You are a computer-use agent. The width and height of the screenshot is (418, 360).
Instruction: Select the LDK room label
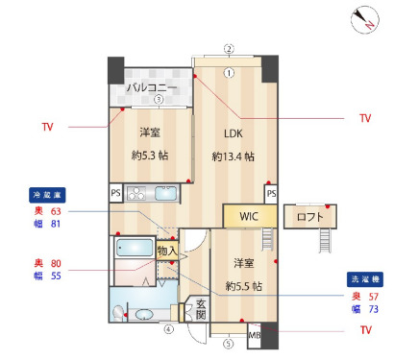pos(234,133)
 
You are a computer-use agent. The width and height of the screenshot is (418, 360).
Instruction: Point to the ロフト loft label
pos(310,217)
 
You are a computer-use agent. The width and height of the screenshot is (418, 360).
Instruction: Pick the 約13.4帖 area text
pos(234,156)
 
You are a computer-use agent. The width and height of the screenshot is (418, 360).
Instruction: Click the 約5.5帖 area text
pos(243,285)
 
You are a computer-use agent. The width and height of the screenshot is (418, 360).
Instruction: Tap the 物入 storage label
pos(166,251)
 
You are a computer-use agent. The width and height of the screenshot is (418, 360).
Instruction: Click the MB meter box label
pos(255,335)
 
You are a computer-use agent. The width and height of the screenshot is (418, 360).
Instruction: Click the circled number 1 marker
pos(229,71)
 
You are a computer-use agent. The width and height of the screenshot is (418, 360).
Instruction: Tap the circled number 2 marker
pos(229,48)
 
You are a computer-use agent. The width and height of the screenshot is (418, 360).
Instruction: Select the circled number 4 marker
pos(168,329)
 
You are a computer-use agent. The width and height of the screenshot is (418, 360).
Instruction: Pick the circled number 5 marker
pos(228,343)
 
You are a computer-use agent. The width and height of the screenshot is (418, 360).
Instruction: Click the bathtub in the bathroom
pos(135,249)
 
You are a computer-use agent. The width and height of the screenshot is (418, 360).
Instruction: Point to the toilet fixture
pos(119,312)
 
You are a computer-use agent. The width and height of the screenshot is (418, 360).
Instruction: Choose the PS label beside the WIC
pos(272,194)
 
